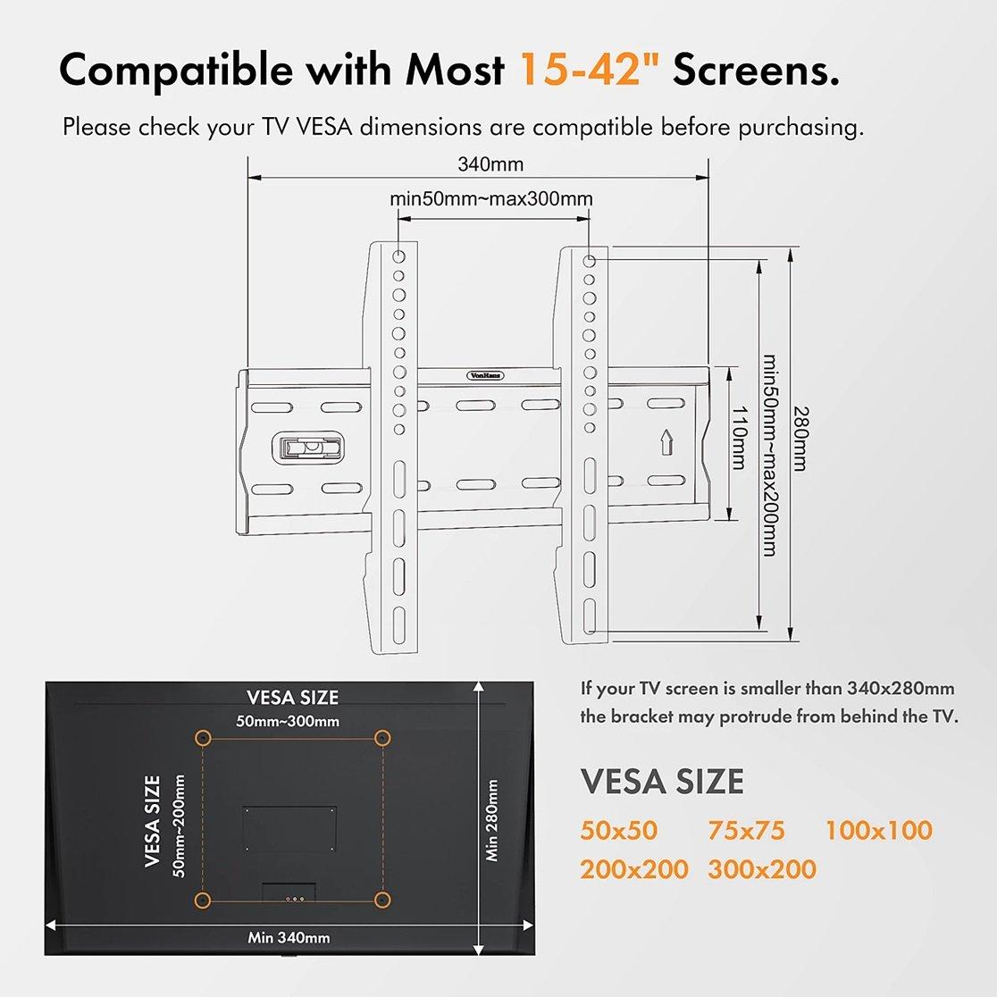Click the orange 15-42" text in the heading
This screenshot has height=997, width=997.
point(591,69)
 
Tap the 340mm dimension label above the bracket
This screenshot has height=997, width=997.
point(490,164)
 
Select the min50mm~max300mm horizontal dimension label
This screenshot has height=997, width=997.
point(490,199)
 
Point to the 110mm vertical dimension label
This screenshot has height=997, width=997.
point(738,438)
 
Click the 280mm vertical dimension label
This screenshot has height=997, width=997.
point(800,439)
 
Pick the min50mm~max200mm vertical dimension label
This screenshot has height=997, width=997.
point(770,456)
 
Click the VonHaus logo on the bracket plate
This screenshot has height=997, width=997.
point(486,375)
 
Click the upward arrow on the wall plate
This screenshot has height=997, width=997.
point(666,442)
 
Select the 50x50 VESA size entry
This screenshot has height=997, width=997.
point(618,831)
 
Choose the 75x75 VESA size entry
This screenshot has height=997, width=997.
point(746,831)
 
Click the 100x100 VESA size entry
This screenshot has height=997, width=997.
point(878,831)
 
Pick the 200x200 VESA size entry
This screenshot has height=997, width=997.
point(633,869)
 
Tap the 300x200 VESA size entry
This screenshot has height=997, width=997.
point(762,869)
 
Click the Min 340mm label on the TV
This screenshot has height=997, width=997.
point(289,937)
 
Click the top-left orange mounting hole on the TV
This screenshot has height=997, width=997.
point(202,738)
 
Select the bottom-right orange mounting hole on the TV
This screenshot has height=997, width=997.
point(382,900)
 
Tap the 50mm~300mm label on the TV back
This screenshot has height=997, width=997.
point(288,721)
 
